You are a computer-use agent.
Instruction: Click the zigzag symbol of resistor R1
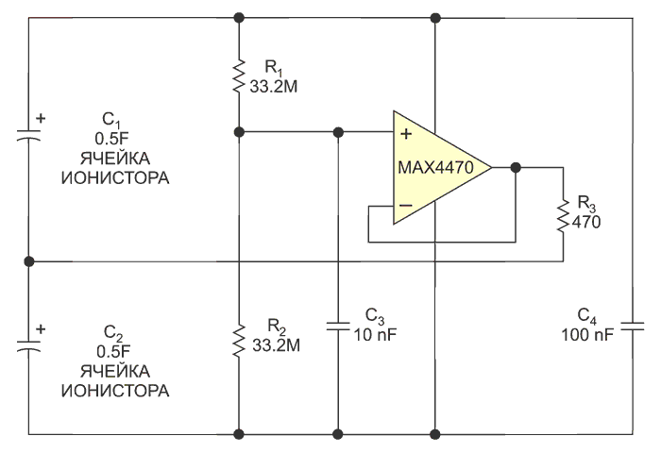coord(239,75)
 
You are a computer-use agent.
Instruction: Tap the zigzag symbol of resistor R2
coord(239,341)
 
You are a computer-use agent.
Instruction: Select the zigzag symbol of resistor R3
coord(563,215)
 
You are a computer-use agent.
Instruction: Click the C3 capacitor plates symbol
coord(338,326)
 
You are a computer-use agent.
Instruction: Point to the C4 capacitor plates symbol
coord(633,326)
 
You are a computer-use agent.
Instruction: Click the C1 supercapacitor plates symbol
coord(28,134)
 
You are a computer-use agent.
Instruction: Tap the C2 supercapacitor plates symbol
coord(28,345)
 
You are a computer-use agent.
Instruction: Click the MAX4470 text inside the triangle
coord(435,168)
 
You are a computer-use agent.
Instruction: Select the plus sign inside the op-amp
coord(406,134)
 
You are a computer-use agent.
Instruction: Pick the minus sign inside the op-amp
coord(406,205)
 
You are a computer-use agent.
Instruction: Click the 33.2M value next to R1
coord(274,87)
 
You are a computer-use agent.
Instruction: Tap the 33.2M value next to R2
coord(276,345)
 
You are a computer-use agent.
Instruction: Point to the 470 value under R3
coord(586,222)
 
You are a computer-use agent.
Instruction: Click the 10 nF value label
coord(375,335)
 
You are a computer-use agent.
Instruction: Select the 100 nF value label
coord(586,335)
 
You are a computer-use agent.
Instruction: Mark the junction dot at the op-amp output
coord(516,168)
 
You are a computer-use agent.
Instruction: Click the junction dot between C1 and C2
coord(28,261)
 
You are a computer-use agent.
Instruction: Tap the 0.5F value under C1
coord(111,139)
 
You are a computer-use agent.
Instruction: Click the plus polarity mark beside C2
coord(41,328)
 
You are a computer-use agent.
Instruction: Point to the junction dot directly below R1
coord(239,132)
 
